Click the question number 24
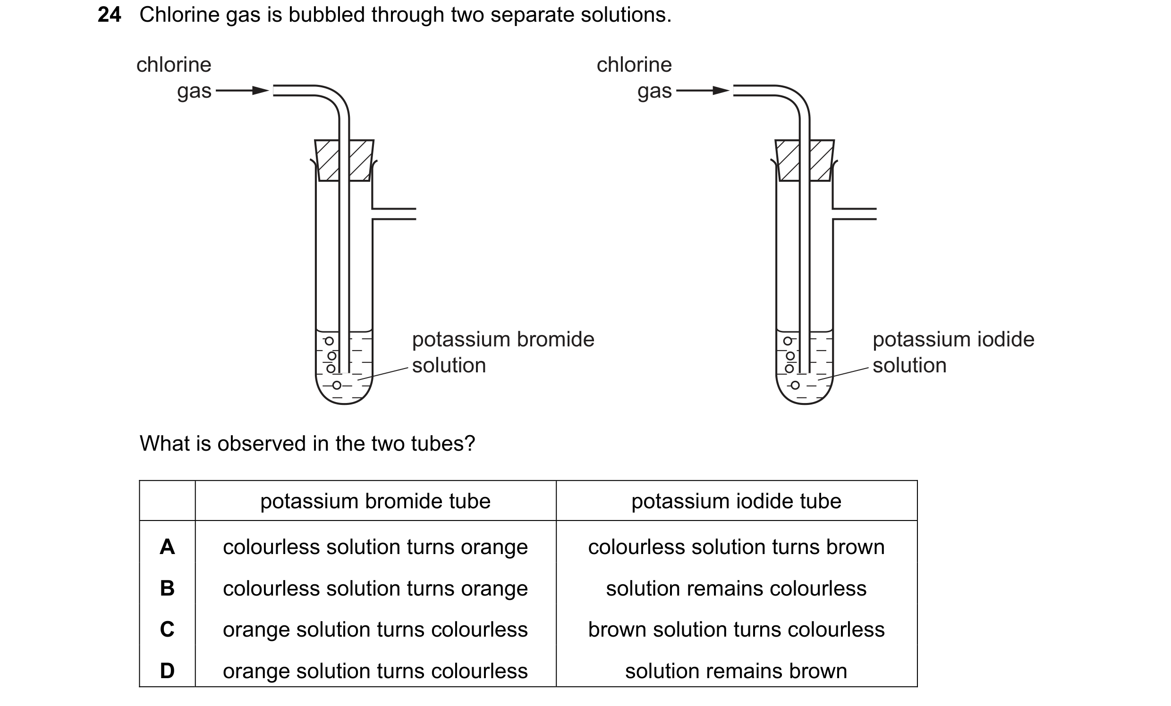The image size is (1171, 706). tap(109, 15)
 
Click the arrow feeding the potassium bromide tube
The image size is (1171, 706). tap(242, 90)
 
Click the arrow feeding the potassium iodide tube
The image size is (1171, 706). tap(703, 90)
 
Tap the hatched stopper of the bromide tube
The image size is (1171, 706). tap(345, 160)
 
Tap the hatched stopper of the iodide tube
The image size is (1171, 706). tap(805, 160)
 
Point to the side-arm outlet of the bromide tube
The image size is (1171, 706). tap(394, 214)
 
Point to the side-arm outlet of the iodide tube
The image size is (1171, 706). tap(855, 214)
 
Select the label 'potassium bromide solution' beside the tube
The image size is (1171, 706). tap(503, 353)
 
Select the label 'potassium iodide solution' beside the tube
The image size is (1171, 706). tap(953, 353)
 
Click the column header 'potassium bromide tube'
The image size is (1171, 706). tap(375, 501)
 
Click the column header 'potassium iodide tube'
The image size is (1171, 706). tap(736, 501)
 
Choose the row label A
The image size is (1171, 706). tap(167, 547)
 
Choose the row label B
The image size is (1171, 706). tap(167, 588)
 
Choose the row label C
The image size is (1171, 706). tap(167, 630)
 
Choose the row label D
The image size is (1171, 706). tap(167, 671)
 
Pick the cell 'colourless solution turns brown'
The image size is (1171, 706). tap(736, 547)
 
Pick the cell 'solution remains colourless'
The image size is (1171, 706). tap(736, 588)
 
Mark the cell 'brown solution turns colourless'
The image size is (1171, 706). tap(736, 630)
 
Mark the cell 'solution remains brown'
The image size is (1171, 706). tap(736, 671)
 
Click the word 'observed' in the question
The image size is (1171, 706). tap(262, 443)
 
